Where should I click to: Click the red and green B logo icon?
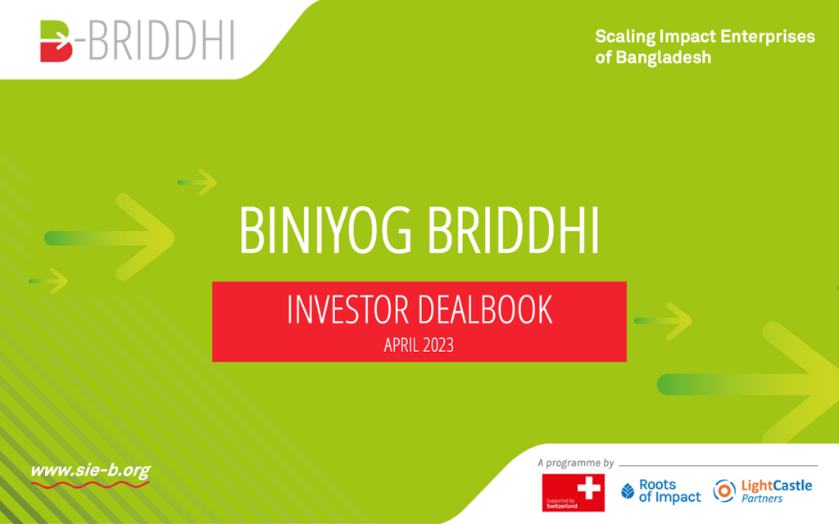(57, 41)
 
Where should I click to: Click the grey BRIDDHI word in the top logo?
(161, 41)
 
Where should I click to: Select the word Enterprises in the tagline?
(767, 36)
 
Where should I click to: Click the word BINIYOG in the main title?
(325, 230)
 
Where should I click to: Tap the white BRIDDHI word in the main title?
(513, 230)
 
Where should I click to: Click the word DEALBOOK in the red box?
(485, 309)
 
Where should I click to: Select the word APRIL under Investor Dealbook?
(401, 346)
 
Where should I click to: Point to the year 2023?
(438, 346)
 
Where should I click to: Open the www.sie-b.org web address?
(90, 471)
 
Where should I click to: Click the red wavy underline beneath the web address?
(90, 485)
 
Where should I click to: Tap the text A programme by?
(576, 463)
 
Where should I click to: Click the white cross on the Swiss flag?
(588, 488)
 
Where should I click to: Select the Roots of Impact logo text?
(669, 491)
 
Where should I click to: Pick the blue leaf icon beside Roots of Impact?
(628, 491)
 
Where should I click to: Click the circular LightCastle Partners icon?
(724, 491)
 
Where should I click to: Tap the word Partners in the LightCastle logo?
(762, 499)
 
